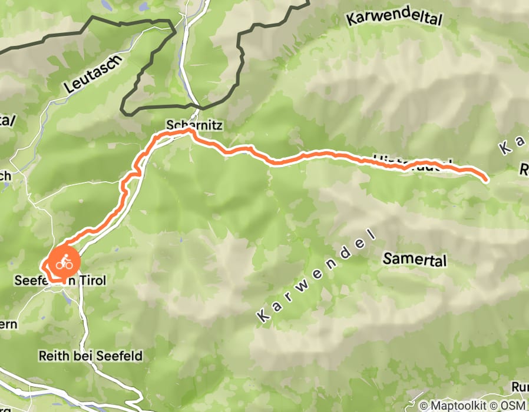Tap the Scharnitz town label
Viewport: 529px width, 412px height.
click(187, 126)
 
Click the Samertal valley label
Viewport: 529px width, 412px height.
click(415, 259)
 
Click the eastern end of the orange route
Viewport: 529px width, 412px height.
click(485, 179)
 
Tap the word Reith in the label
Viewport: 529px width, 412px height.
click(51, 356)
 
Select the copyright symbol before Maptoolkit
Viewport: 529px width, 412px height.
click(424, 406)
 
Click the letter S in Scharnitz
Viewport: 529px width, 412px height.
click(170, 126)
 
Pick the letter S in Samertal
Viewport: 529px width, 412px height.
click(387, 259)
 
